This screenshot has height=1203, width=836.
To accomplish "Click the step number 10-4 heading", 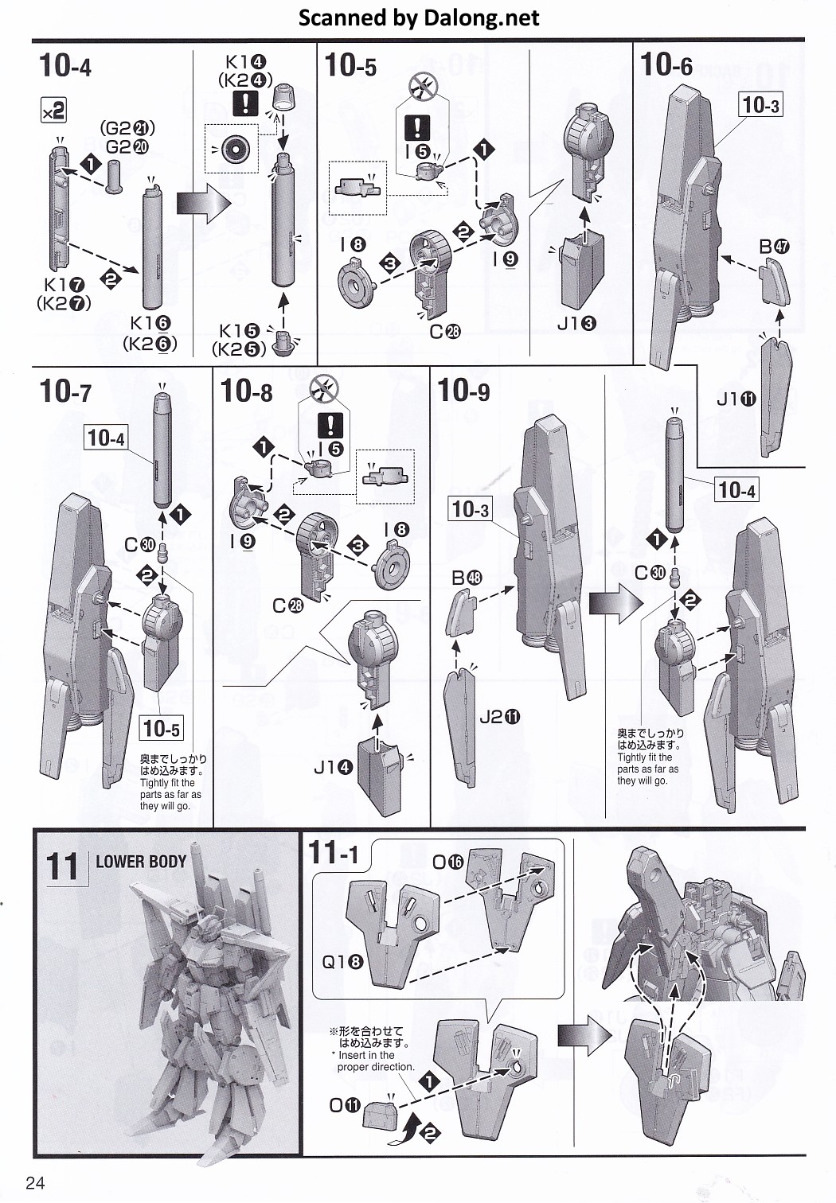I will click(65, 65).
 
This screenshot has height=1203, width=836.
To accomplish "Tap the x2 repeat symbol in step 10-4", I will click(53, 111).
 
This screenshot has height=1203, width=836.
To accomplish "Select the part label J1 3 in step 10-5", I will click(576, 323).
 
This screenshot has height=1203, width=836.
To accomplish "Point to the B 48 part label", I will click(467, 578).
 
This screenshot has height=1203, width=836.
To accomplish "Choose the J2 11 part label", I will click(500, 717).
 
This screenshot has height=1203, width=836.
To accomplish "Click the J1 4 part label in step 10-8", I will click(333, 767).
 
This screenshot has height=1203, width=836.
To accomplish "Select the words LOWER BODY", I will click(141, 861).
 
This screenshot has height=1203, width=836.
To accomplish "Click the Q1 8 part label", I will click(343, 962).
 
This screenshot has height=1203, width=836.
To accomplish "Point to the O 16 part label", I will click(447, 862).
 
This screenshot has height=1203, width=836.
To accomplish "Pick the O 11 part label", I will click(345, 1105).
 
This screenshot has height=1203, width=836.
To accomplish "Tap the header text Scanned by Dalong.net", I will click(418, 18).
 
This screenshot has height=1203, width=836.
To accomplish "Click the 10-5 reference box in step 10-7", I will click(161, 727).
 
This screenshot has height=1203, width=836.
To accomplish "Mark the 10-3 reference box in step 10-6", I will click(761, 104).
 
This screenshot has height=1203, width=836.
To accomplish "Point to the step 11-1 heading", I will click(334, 854).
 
